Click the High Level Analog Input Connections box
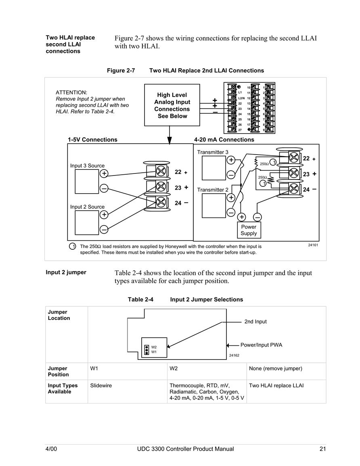tap(172, 105)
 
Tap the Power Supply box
tap(249, 230)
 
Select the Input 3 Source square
tap(87, 181)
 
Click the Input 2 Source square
tap(87, 223)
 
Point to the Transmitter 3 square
tap(214, 168)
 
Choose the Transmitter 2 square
tap(214, 206)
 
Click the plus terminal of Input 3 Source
tap(104, 173)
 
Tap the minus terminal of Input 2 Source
tap(104, 230)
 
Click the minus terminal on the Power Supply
tap(257, 217)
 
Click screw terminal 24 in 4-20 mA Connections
tap(294, 188)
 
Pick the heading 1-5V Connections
tap(92, 140)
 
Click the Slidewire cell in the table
tap(101, 385)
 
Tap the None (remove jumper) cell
tap(276, 368)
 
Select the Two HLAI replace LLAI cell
tap(276, 385)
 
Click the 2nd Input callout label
tap(255, 322)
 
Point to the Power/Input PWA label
tap(261, 345)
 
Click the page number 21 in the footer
tap(322, 449)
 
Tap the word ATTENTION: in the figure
tap(72, 92)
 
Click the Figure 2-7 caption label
tap(121, 71)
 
